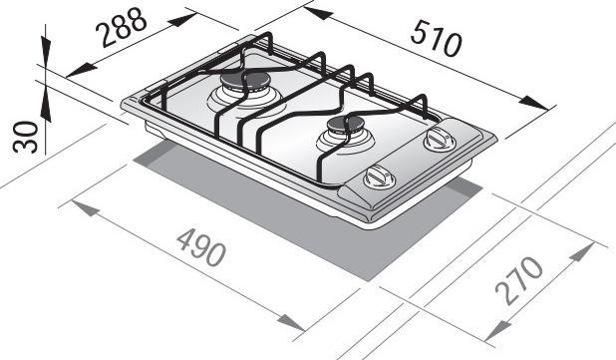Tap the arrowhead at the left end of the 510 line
(310, 11)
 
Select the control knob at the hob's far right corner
(436, 140)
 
